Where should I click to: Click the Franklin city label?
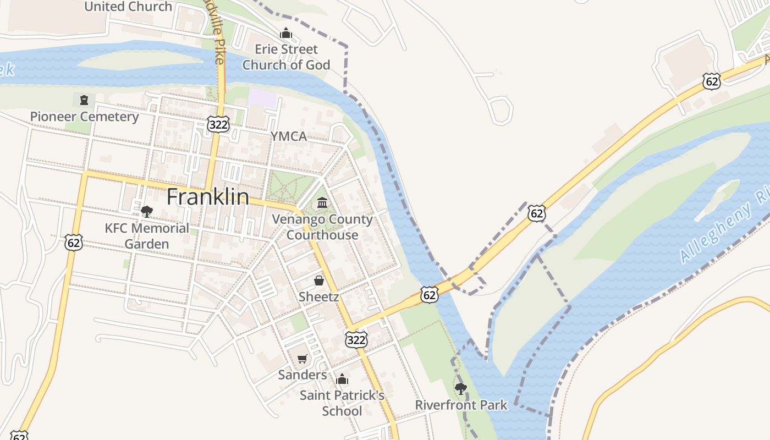tap(207, 197)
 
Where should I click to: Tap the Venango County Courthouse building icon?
tap(322, 203)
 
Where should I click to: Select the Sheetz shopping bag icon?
tap(318, 281)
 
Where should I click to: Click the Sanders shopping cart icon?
tap(302, 359)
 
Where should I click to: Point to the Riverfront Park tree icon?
tap(461, 389)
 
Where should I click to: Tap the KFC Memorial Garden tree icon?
tap(146, 212)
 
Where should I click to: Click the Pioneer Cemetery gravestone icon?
tap(84, 100)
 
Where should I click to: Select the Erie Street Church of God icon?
tap(285, 34)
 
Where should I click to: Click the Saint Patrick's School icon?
tap(342, 379)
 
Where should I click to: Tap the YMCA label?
tap(288, 136)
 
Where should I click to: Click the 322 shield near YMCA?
tap(218, 125)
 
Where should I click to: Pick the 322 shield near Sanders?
tap(356, 340)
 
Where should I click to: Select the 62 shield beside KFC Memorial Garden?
tap(74, 242)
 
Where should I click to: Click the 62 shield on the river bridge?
tap(430, 295)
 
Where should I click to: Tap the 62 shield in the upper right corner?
tap(711, 82)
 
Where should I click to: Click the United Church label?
tap(128, 7)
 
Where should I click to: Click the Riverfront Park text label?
tap(461, 405)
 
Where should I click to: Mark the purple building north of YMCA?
tap(262, 98)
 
